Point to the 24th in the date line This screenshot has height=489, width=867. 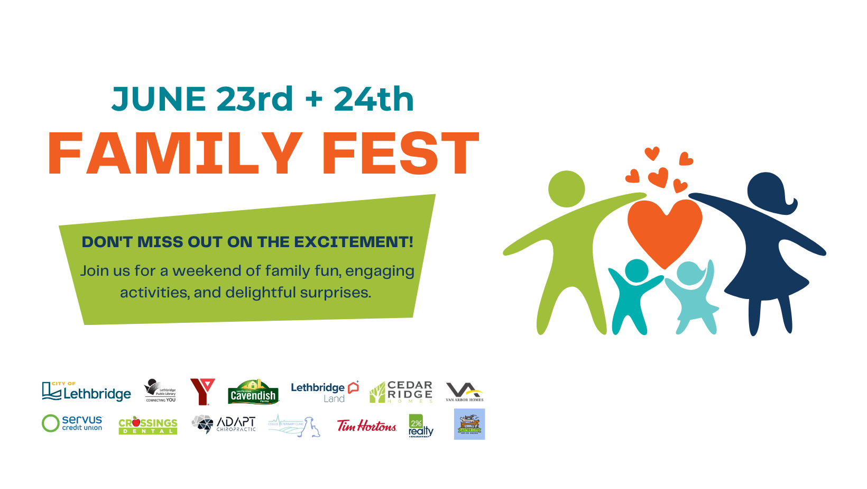coord(374,99)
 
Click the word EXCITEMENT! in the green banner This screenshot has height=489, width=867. coord(354,242)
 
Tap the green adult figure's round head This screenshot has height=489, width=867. coord(566,189)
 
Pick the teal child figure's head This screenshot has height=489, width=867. coord(637,270)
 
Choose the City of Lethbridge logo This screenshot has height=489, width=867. coord(87,392)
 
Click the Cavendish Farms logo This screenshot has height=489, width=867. coord(253,392)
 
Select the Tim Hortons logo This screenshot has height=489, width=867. coord(367,426)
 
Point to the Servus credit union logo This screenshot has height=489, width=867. coord(72,423)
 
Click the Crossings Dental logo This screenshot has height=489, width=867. coord(148,425)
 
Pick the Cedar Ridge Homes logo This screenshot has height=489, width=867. coord(401,392)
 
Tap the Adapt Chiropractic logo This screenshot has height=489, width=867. coord(224,424)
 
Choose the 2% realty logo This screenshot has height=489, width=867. coord(420,426)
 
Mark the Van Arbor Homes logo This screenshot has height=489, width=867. coord(464,392)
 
